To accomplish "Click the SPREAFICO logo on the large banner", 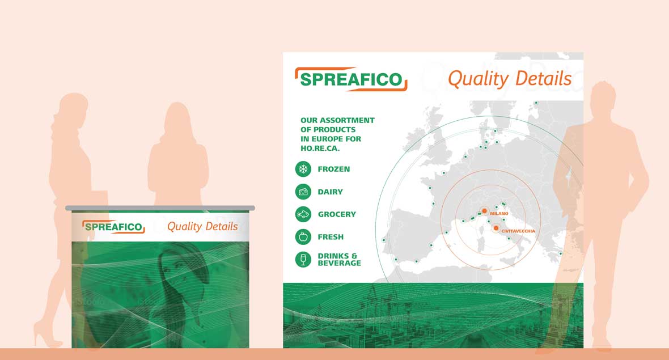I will click(351, 79).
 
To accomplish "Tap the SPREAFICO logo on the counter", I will click(113, 227).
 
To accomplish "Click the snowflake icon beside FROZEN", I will click(303, 169).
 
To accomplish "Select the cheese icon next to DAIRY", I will click(303, 192).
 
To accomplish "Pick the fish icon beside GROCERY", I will click(303, 214).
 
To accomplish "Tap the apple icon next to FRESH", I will click(303, 237).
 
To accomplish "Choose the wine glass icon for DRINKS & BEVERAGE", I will click(303, 260).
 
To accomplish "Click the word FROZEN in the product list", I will click(334, 169).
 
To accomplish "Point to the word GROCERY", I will click(337, 214).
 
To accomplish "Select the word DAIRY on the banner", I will click(331, 192).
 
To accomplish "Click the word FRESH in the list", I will click(331, 237).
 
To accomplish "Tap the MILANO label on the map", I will click(499, 213).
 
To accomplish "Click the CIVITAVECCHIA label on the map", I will click(518, 231).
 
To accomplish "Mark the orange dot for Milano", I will click(485, 210).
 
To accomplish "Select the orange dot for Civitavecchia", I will click(496, 228).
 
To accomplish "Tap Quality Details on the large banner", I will click(510, 79).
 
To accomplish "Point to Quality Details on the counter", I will click(202, 226).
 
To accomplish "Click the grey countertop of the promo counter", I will click(160, 208).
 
